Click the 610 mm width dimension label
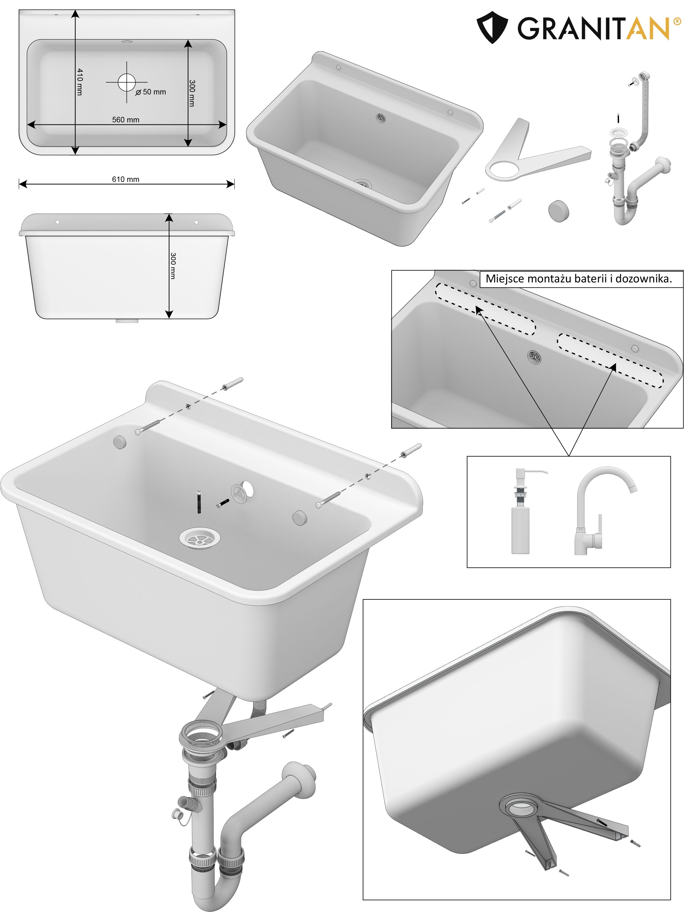point(126,179)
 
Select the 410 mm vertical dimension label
point(79,82)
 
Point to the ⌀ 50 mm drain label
point(151,92)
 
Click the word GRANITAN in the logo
point(594,29)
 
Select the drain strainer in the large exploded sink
point(200,538)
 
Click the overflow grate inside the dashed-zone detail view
point(534,357)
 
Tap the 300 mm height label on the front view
point(173,266)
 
